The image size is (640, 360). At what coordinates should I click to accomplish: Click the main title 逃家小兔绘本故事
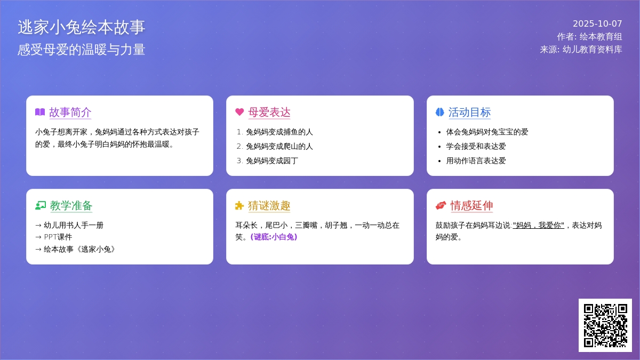coord(82,27)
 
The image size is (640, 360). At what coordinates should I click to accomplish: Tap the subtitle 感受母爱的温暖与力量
coord(82,50)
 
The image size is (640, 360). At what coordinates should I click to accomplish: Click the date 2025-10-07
coord(597,23)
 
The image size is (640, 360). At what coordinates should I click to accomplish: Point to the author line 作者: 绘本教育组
coord(589,37)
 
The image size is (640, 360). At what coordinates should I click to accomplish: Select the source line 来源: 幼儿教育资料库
coord(581,50)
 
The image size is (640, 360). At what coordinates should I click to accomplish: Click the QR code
coord(605,325)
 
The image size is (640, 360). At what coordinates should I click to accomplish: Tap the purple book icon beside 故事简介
coord(40,112)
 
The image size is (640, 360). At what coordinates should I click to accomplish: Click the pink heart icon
coord(239,112)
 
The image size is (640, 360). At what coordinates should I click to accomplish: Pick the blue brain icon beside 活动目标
coord(439,112)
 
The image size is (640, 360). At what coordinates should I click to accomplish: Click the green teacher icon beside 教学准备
coord(41,205)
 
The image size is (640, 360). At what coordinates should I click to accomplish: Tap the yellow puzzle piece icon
coord(239,205)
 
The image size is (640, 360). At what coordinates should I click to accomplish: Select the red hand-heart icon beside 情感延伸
coord(441,205)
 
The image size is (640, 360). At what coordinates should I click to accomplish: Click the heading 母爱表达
coord(269,113)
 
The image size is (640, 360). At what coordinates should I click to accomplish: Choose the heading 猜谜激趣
coord(269,206)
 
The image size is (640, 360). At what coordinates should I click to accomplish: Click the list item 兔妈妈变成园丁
coord(272,161)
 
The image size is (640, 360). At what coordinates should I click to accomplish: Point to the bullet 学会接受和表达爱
coord(476,147)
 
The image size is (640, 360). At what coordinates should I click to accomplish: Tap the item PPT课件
coord(58,237)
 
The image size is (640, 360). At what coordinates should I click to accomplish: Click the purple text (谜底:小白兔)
coord(274,237)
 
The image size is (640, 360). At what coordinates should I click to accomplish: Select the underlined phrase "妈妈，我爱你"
coord(539,226)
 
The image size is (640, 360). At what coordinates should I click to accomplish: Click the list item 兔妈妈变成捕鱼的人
coord(279,132)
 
